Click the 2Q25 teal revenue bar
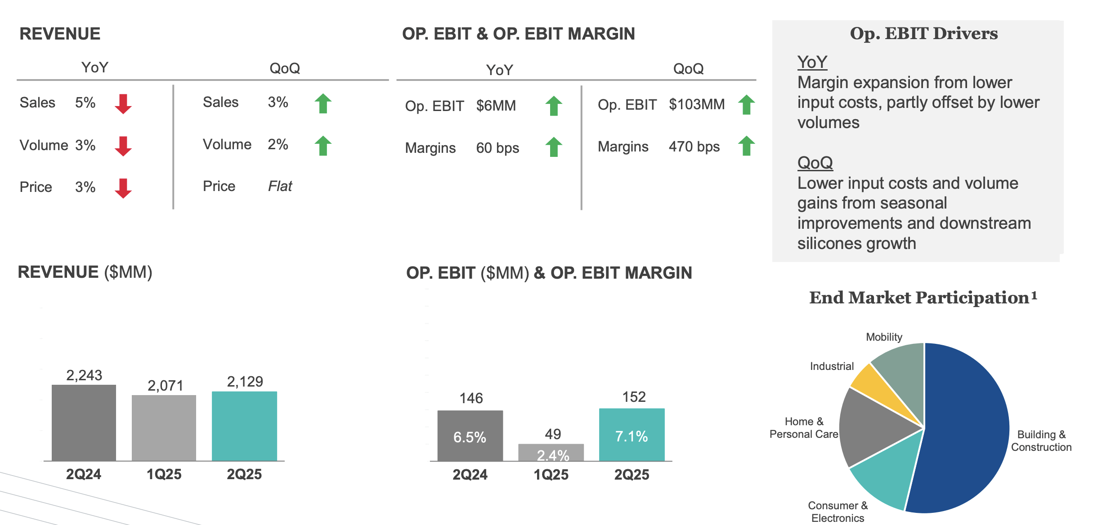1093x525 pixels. (x=244, y=426)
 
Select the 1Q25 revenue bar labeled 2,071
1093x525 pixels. (x=164, y=427)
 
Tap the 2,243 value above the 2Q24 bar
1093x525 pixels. (x=84, y=375)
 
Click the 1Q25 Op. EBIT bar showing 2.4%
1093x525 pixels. (x=551, y=453)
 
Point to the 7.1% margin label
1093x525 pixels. (x=632, y=436)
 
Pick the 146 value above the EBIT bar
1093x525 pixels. (x=471, y=398)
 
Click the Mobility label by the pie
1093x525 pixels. (x=884, y=337)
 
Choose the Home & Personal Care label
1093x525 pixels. (x=804, y=428)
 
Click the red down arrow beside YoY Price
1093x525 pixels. (x=123, y=188)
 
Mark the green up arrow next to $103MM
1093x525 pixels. (x=746, y=105)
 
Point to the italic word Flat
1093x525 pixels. (x=280, y=186)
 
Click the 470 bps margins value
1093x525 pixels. (x=694, y=147)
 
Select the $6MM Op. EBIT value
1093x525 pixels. (x=496, y=106)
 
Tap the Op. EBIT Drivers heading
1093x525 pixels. (x=923, y=34)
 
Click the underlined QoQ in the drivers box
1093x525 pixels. (x=815, y=163)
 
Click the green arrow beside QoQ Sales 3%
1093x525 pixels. (x=323, y=103)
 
